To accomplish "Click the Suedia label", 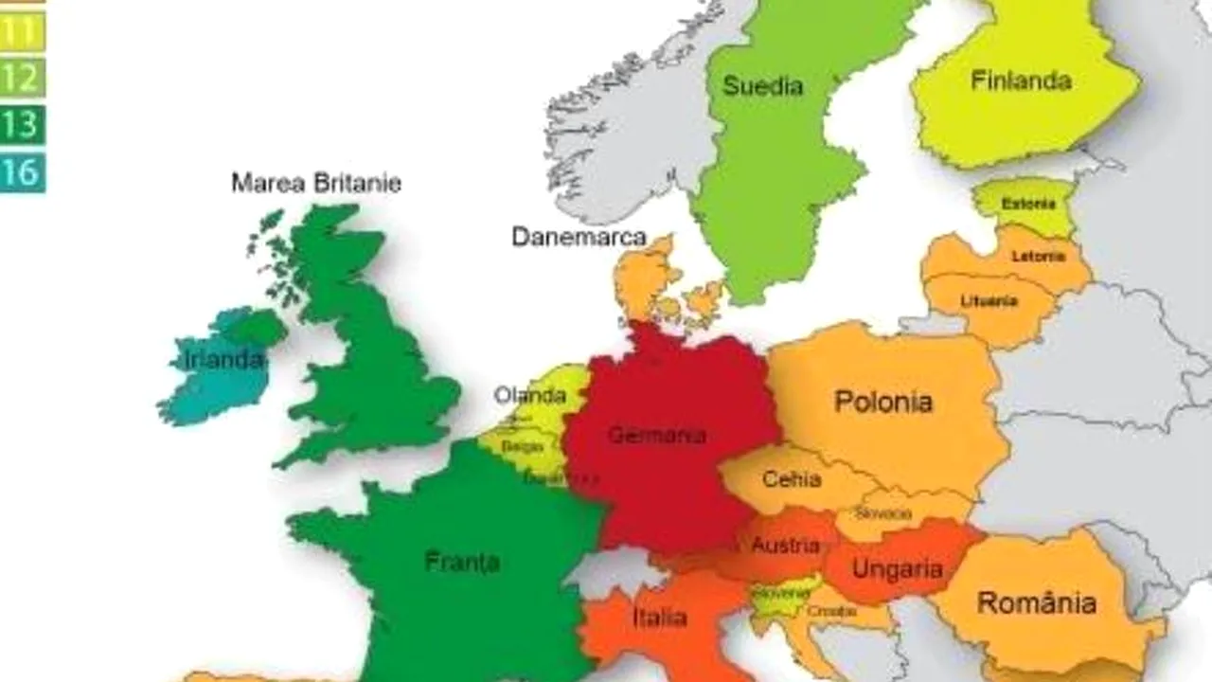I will click(762, 86).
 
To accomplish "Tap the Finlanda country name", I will click(1021, 81).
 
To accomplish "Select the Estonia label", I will click(1028, 204).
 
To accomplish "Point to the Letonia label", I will click(1038, 257).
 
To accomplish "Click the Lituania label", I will click(989, 301).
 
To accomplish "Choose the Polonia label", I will click(882, 402).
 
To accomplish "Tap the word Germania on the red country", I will click(656, 436).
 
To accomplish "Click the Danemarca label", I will click(579, 237).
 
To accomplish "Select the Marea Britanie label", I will click(316, 183).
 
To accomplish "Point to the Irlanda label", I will click(223, 360).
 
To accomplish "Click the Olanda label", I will click(529, 395).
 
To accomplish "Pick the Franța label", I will click(462, 562).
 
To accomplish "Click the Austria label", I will click(785, 546).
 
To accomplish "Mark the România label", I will click(1036, 602).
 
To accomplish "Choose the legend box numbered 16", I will click(21, 172).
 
